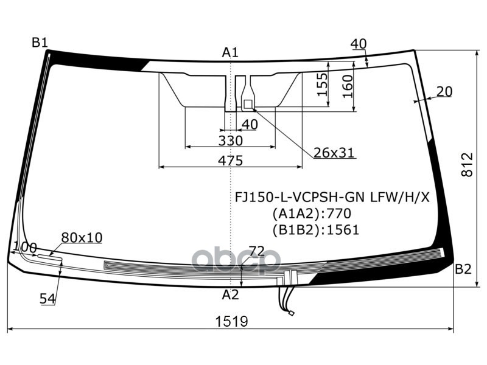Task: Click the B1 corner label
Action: tap(40, 42)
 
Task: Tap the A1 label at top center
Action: tap(229, 53)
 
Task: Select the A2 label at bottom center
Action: tap(229, 295)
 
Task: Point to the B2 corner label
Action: tap(463, 269)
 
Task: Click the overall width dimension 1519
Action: tap(231, 321)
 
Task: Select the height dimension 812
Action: tap(466, 164)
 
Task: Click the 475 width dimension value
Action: tap(230, 161)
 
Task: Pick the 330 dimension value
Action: tap(230, 141)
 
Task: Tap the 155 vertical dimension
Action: tap(323, 85)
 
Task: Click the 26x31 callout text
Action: tap(334, 153)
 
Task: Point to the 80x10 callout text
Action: tap(82, 237)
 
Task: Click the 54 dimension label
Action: tap(47, 298)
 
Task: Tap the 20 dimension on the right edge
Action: tap(444, 91)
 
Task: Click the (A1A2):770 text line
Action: tap(311, 214)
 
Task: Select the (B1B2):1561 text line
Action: tap(315, 229)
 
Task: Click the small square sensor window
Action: tap(248, 104)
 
